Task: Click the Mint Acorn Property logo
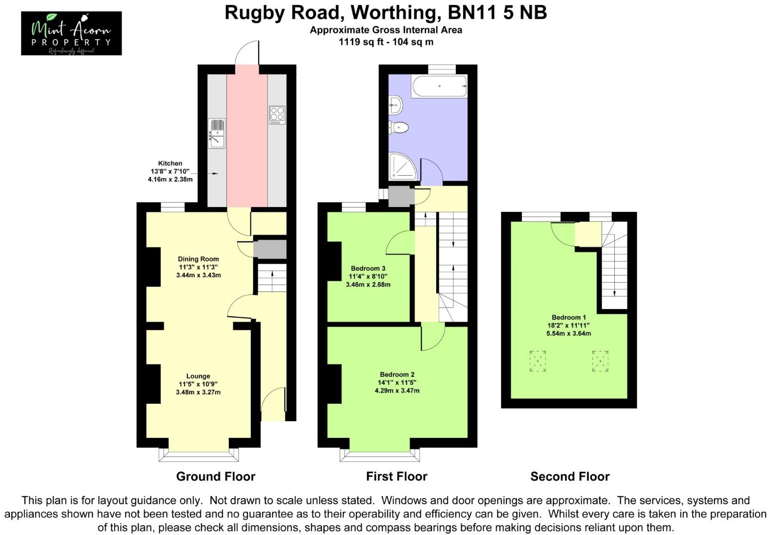71,33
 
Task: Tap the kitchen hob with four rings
277,115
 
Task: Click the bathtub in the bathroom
440,86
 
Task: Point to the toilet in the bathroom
399,127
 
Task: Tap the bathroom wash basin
395,103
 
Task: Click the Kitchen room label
170,164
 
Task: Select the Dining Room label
198,259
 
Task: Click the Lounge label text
198,376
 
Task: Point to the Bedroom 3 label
368,268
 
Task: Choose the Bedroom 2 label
397,375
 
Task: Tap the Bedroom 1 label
569,318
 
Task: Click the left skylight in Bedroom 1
538,361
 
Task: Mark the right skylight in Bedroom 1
600,361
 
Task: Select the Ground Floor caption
216,476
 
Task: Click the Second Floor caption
570,476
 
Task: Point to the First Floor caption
397,476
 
